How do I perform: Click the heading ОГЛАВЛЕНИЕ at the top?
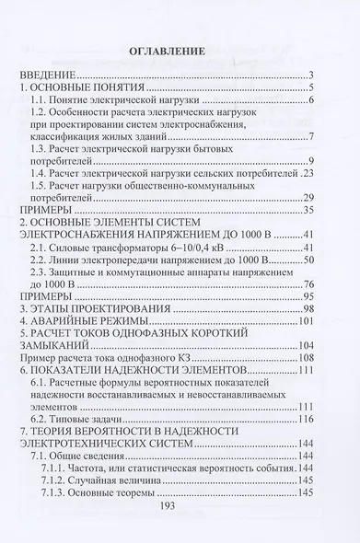[x=180, y=48]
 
